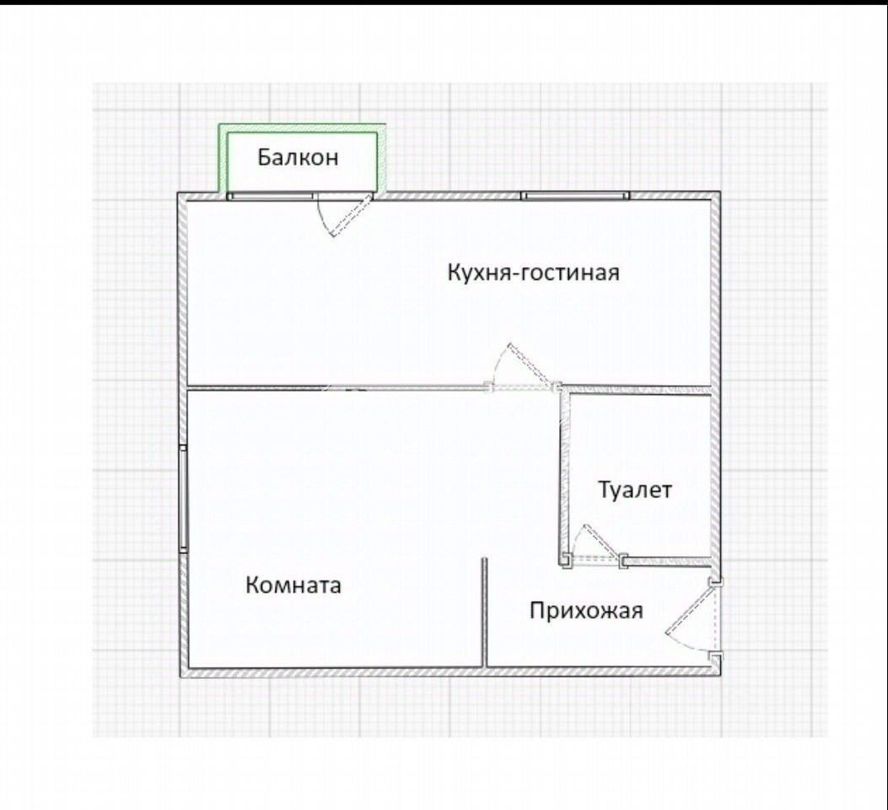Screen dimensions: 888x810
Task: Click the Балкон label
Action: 298,157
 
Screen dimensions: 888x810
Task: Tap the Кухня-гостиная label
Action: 533,273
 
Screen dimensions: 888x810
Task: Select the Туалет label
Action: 635,489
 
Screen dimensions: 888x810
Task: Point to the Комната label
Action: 293,585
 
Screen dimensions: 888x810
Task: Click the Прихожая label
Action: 586,610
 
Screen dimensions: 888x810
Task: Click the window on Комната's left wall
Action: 183,499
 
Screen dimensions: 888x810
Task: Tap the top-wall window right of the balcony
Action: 575,196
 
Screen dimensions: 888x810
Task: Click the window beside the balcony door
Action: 271,196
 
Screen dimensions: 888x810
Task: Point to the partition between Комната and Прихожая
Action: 485,612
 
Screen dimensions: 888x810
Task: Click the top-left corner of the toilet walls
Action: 562,390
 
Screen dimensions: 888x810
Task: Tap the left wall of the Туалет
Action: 562,472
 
